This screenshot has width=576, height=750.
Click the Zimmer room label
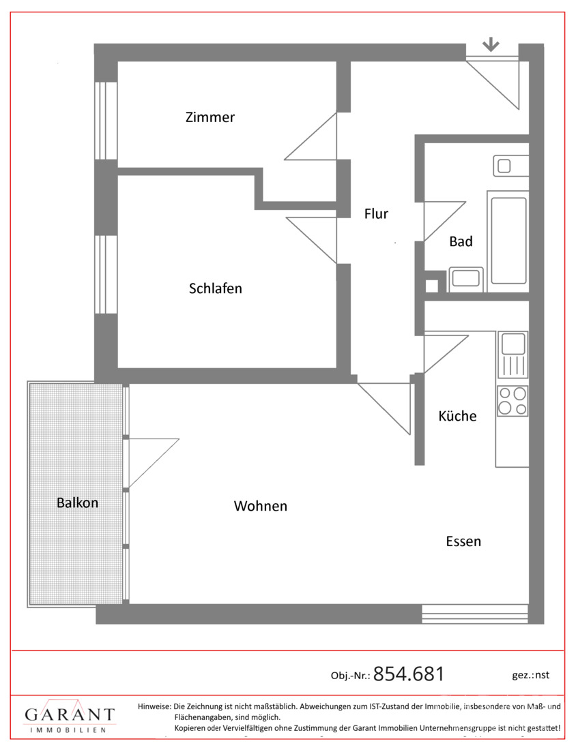tap(210, 117)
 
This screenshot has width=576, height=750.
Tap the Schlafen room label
tap(216, 288)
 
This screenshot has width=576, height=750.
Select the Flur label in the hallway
tap(376, 213)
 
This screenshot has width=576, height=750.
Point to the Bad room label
tap(461, 241)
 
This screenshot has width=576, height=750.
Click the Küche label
tap(458, 416)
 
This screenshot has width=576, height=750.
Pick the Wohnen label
tap(261, 506)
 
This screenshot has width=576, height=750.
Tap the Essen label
tap(463, 541)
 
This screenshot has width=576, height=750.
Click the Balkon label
tap(78, 502)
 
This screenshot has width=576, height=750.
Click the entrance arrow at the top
tap(491, 45)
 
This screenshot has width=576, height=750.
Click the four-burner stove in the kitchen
tap(513, 400)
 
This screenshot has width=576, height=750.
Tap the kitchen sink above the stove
tap(513, 355)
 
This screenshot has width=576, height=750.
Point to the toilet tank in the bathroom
tap(511, 166)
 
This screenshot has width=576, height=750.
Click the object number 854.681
tap(409, 674)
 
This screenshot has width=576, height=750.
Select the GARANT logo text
tap(70, 715)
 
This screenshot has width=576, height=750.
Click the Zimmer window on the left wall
tap(106, 121)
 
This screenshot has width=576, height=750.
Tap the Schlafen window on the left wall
tap(106, 275)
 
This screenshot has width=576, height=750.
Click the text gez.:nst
tap(530, 675)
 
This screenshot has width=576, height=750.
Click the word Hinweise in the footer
tap(154, 706)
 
